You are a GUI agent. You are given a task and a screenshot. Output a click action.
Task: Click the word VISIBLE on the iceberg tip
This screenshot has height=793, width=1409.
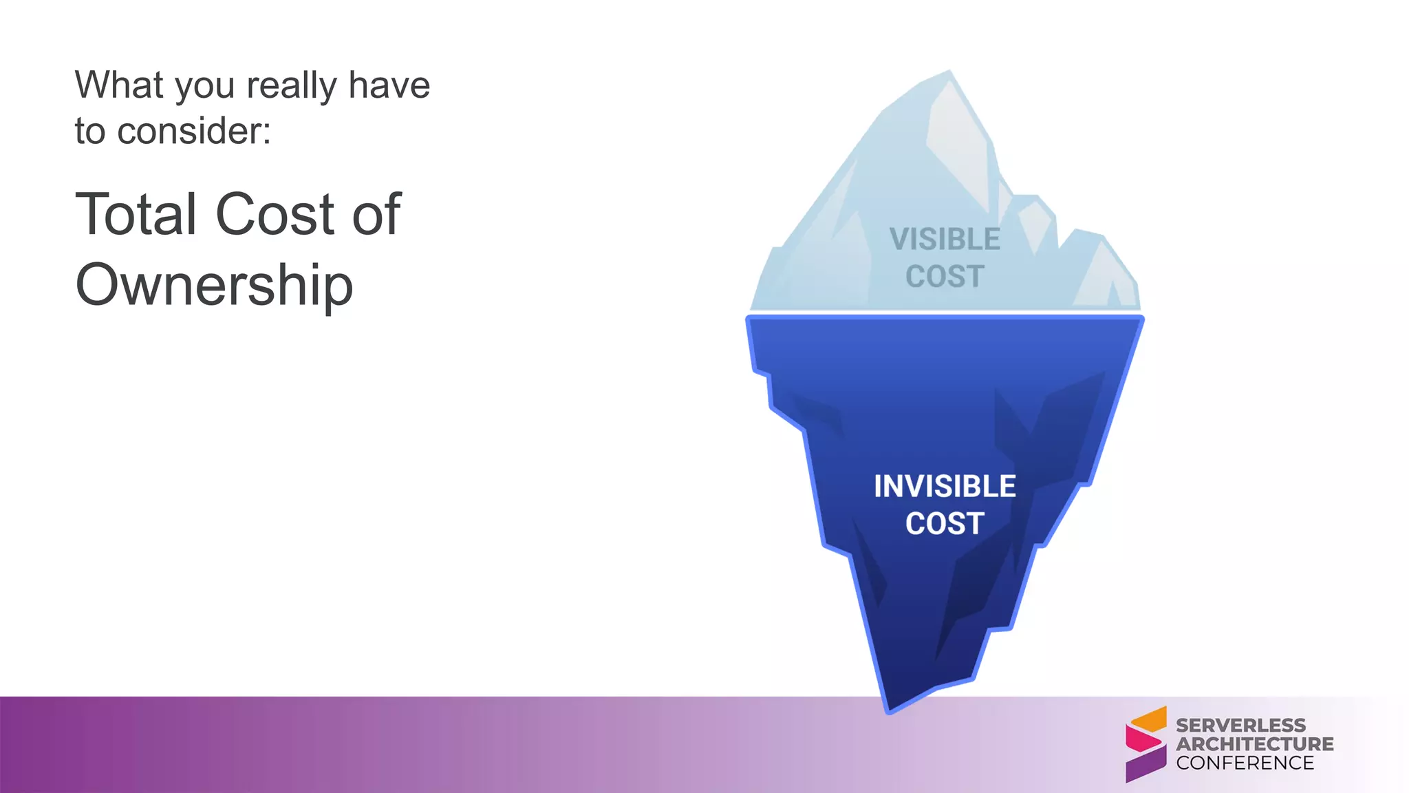pyautogui.click(x=945, y=240)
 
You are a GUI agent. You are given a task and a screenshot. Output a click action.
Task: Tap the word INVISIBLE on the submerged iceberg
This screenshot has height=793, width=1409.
pyautogui.click(x=945, y=487)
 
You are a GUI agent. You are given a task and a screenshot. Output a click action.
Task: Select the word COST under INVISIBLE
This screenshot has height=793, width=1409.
pyautogui.click(x=945, y=524)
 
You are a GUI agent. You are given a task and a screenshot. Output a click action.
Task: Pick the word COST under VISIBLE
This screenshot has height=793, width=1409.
pyautogui.click(x=945, y=277)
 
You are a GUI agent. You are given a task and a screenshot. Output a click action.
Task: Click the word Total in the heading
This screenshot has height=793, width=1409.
pyautogui.click(x=136, y=214)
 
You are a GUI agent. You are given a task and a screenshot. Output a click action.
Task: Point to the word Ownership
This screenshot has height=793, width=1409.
pyautogui.click(x=214, y=284)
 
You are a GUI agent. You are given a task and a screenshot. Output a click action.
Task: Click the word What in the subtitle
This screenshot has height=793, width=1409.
pyautogui.click(x=119, y=85)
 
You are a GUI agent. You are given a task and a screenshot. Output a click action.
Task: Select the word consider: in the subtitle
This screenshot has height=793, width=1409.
pyautogui.click(x=194, y=131)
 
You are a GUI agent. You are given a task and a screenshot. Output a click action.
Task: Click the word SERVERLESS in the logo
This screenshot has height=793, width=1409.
pyautogui.click(x=1240, y=726)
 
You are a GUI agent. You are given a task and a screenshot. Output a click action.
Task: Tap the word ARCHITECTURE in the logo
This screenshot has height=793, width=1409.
pyautogui.click(x=1254, y=744)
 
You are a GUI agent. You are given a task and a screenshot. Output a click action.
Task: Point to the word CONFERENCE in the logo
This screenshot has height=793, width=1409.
pyautogui.click(x=1245, y=763)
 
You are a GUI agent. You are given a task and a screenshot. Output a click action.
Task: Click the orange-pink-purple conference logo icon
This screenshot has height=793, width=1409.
pyautogui.click(x=1146, y=744)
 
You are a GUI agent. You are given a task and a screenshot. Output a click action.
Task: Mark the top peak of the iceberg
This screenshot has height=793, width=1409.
pyautogui.click(x=949, y=72)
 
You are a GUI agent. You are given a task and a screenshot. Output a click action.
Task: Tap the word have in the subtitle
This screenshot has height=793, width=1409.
pyautogui.click(x=389, y=85)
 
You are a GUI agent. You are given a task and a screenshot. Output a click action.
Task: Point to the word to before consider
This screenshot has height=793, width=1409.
pyautogui.click(x=89, y=131)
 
